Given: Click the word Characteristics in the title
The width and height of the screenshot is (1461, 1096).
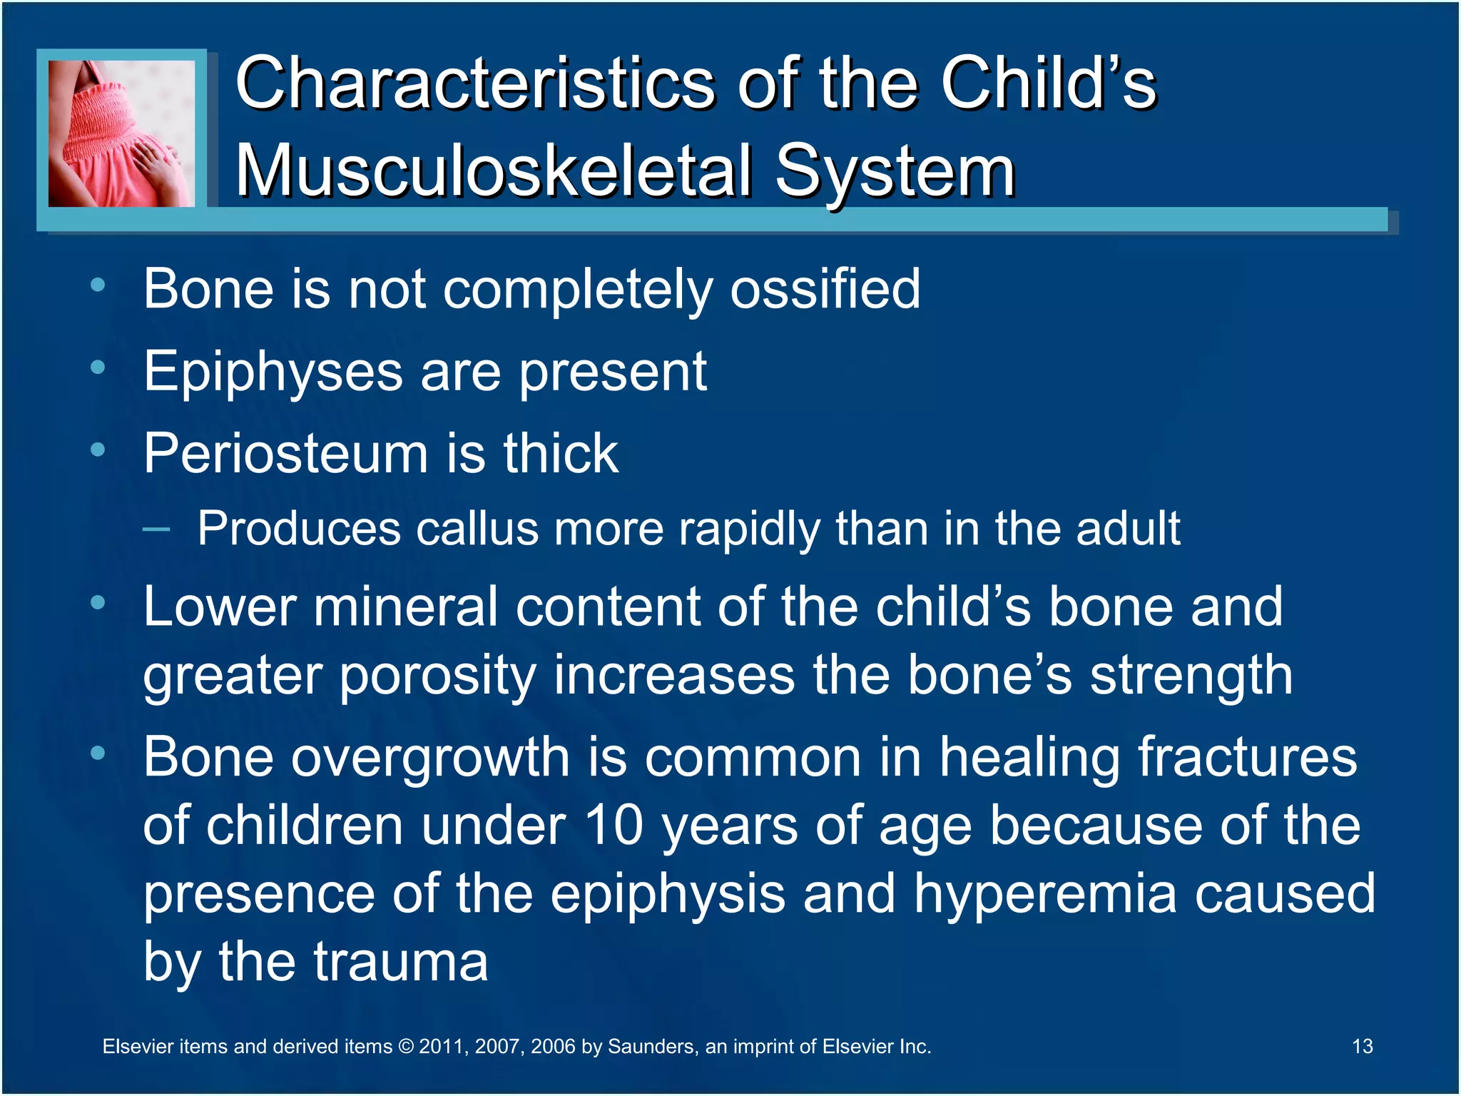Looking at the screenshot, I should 474,83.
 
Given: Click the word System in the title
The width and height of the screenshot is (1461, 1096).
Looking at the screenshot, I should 895,171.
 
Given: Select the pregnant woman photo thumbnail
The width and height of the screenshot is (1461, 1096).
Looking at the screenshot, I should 121,133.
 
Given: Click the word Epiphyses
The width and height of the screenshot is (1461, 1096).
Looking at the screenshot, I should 273,372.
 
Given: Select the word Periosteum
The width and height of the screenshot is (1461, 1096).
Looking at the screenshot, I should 285,454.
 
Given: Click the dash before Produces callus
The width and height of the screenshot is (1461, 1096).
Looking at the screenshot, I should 156,529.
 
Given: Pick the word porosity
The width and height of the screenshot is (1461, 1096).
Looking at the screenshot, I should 437,676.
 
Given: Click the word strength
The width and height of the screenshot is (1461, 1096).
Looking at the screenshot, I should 1191,676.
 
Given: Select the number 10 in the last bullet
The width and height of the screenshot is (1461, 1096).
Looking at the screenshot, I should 614,826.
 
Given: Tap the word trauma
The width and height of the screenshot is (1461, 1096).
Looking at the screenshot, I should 400,961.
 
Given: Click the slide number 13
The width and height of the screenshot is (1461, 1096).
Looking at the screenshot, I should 1362,1046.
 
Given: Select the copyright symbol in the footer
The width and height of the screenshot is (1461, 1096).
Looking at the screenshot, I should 406,1047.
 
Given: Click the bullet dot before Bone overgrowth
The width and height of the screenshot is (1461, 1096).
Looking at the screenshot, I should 98,753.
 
